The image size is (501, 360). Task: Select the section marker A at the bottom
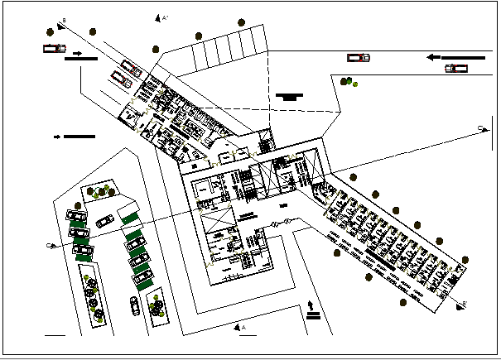tap(243, 328)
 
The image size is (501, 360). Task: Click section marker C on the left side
tap(51, 246)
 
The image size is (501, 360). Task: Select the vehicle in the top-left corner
tap(54, 48)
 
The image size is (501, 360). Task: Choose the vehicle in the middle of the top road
tap(359, 57)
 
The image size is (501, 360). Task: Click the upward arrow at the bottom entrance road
tap(311, 308)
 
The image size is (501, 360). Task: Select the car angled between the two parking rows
tap(105, 221)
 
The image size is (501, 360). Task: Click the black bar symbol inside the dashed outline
tap(288, 96)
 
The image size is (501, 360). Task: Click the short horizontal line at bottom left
tap(55, 336)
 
